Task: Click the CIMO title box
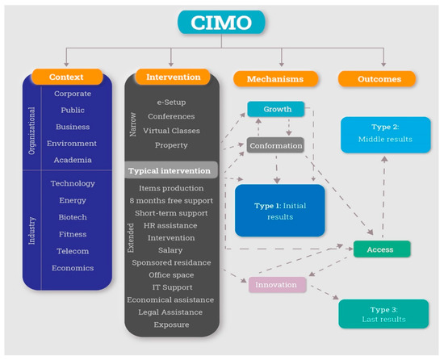pyautogui.click(x=223, y=23)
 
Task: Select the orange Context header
pyautogui.click(x=67, y=77)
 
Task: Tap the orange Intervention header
pyautogui.click(x=174, y=77)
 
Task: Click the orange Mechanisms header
pyautogui.click(x=274, y=79)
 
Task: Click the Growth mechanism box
pyautogui.click(x=275, y=108)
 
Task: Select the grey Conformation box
pyautogui.click(x=276, y=146)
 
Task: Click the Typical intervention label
pyautogui.click(x=171, y=171)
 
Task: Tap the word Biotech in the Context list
pyautogui.click(x=73, y=217)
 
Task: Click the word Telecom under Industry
pyautogui.click(x=73, y=251)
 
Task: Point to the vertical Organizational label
pyautogui.click(x=34, y=122)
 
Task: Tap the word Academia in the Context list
pyautogui.click(x=73, y=160)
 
